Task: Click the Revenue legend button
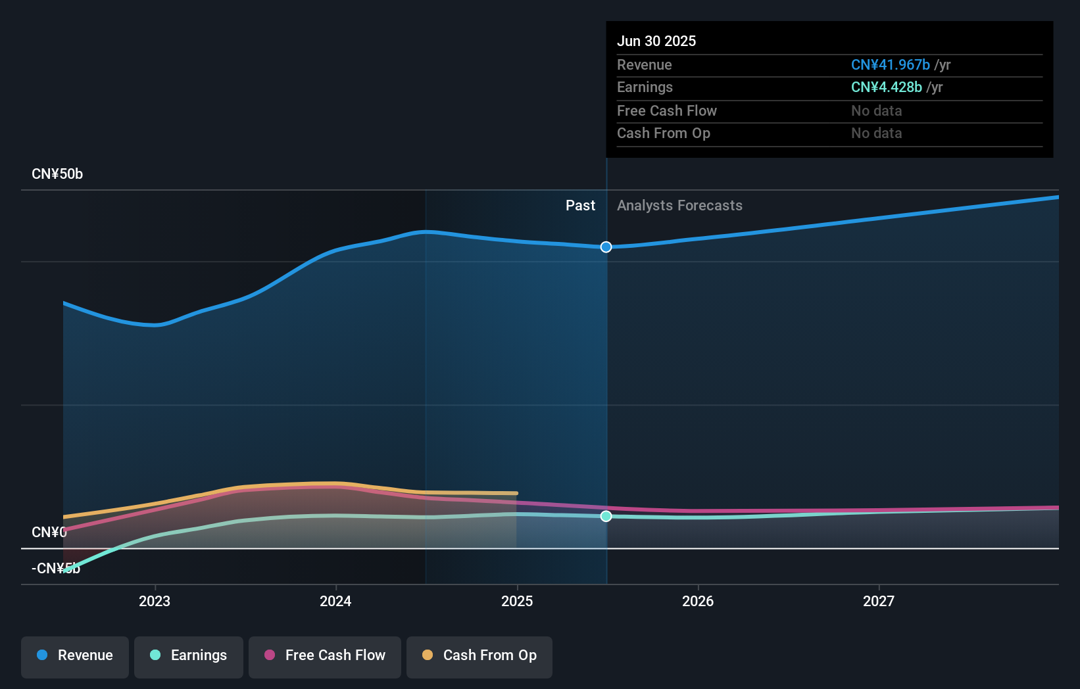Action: [x=75, y=655]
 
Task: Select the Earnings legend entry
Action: [x=189, y=655]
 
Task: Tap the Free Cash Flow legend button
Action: [x=325, y=655]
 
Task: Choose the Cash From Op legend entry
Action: [x=479, y=655]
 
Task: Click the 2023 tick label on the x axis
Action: [x=155, y=601]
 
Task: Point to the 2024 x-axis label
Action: [x=335, y=601]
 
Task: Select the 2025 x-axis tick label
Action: [x=517, y=601]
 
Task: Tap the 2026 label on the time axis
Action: [x=698, y=601]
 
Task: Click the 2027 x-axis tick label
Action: [x=879, y=601]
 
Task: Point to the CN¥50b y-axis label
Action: [x=57, y=174]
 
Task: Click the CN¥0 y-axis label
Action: [x=49, y=532]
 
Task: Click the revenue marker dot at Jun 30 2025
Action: [x=606, y=247]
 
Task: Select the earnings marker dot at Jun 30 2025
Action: [x=606, y=516]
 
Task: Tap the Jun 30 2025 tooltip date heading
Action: [x=656, y=41]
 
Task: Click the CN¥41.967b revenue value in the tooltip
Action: [x=890, y=64]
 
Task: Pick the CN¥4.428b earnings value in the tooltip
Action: [x=886, y=87]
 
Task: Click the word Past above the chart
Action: [x=580, y=206]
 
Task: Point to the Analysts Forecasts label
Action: [x=679, y=206]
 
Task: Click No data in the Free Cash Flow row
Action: [x=876, y=110]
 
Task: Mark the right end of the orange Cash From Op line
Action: [x=516, y=493]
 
